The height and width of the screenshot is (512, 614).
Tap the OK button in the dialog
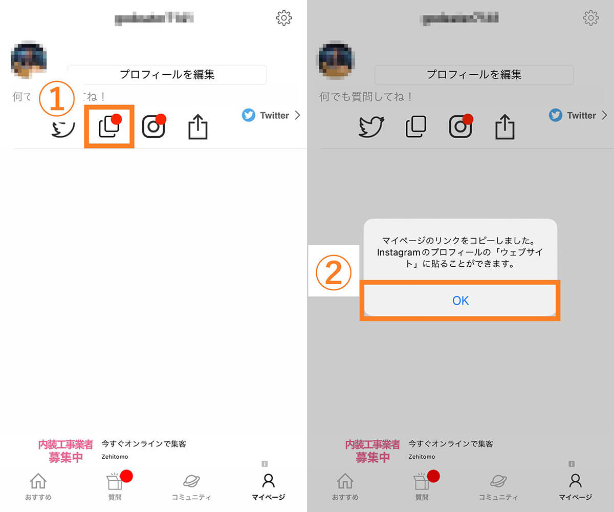(x=461, y=301)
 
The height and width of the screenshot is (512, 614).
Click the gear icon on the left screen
(x=283, y=18)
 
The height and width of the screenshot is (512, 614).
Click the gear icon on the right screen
(x=590, y=18)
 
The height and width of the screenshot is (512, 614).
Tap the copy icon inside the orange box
(x=109, y=126)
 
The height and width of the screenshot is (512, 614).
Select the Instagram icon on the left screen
(x=153, y=126)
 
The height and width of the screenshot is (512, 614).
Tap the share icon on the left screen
(x=198, y=126)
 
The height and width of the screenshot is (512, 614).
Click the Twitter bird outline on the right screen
(x=371, y=126)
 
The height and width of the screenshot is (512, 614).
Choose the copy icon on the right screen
(x=416, y=126)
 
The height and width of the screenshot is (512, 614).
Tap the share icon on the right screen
(x=505, y=126)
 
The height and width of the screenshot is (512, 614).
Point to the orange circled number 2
(x=333, y=271)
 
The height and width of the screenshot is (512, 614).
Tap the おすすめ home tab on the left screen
(x=38, y=486)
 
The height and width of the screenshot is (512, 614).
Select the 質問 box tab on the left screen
(x=115, y=486)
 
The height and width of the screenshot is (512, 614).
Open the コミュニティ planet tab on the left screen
(x=191, y=486)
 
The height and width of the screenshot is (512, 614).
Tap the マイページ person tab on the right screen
(x=575, y=486)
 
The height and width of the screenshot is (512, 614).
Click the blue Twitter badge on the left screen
(x=249, y=115)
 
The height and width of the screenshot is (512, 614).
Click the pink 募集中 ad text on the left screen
(x=65, y=457)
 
